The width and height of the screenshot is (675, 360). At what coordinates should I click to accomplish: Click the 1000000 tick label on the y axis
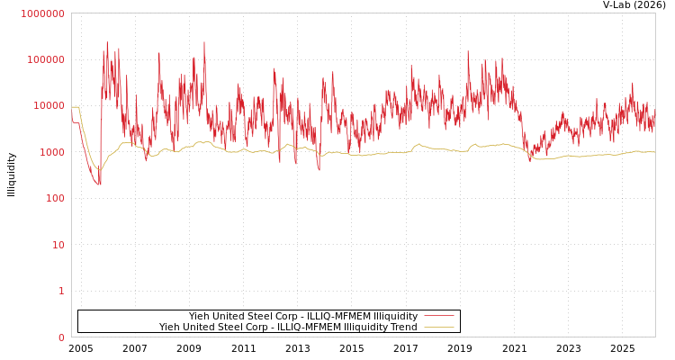[x=42, y=13]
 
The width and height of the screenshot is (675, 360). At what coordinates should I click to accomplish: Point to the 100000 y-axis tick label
[x=45, y=59]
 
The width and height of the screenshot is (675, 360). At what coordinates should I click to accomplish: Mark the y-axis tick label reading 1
[x=61, y=292]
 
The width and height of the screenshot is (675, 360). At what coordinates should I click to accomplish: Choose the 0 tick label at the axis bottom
[x=61, y=337]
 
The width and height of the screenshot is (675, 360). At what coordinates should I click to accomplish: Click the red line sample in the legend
[x=438, y=316]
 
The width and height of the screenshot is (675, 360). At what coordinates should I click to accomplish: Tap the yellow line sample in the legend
[x=438, y=328]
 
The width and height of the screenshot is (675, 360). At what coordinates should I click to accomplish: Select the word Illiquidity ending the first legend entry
[x=396, y=316]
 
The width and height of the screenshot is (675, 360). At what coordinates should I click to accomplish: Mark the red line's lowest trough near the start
[x=99, y=184]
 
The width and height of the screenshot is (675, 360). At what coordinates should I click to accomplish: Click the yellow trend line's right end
[x=654, y=152]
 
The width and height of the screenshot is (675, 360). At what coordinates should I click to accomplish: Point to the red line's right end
[x=654, y=118]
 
